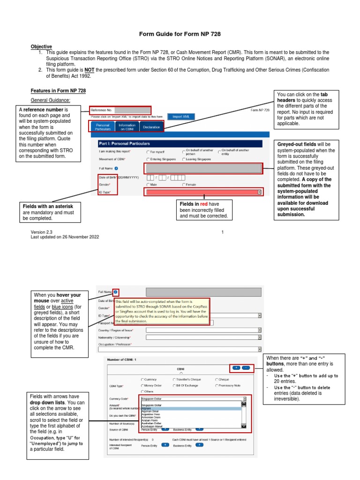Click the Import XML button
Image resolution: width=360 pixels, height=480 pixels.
(180, 116)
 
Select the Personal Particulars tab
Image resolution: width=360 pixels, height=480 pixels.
(102, 127)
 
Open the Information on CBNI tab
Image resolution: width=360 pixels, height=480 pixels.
(127, 127)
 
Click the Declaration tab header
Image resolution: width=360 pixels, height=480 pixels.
(151, 127)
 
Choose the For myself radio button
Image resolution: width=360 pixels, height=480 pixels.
(148, 152)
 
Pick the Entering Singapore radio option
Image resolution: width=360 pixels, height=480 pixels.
(148, 159)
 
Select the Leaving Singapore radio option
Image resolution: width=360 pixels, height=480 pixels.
(184, 159)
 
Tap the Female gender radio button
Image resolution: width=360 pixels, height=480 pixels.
(184, 185)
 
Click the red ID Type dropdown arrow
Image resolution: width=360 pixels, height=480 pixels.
(259, 192)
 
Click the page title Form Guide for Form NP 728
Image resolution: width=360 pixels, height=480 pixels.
(180, 34)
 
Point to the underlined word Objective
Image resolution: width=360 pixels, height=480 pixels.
(41, 46)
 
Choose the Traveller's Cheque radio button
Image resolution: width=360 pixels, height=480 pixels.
(174, 379)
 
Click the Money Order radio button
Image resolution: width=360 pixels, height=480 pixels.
(142, 385)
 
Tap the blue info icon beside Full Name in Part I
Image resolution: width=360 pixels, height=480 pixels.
(116, 168)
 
